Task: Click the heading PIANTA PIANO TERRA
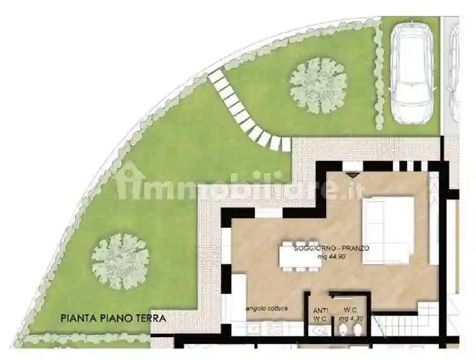point(114,319)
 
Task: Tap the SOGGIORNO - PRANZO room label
point(332,248)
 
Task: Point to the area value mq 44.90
point(332,257)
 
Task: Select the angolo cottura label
point(267,309)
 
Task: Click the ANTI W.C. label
point(320,315)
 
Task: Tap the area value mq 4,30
point(351,319)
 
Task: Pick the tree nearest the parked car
point(318,86)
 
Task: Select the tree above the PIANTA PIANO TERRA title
point(121,261)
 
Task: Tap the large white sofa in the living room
point(389,230)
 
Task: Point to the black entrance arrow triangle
point(352,175)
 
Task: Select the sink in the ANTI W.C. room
point(321,331)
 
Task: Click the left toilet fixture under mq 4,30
point(343,330)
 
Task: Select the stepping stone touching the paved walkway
point(286,144)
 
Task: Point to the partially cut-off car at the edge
point(454,73)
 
